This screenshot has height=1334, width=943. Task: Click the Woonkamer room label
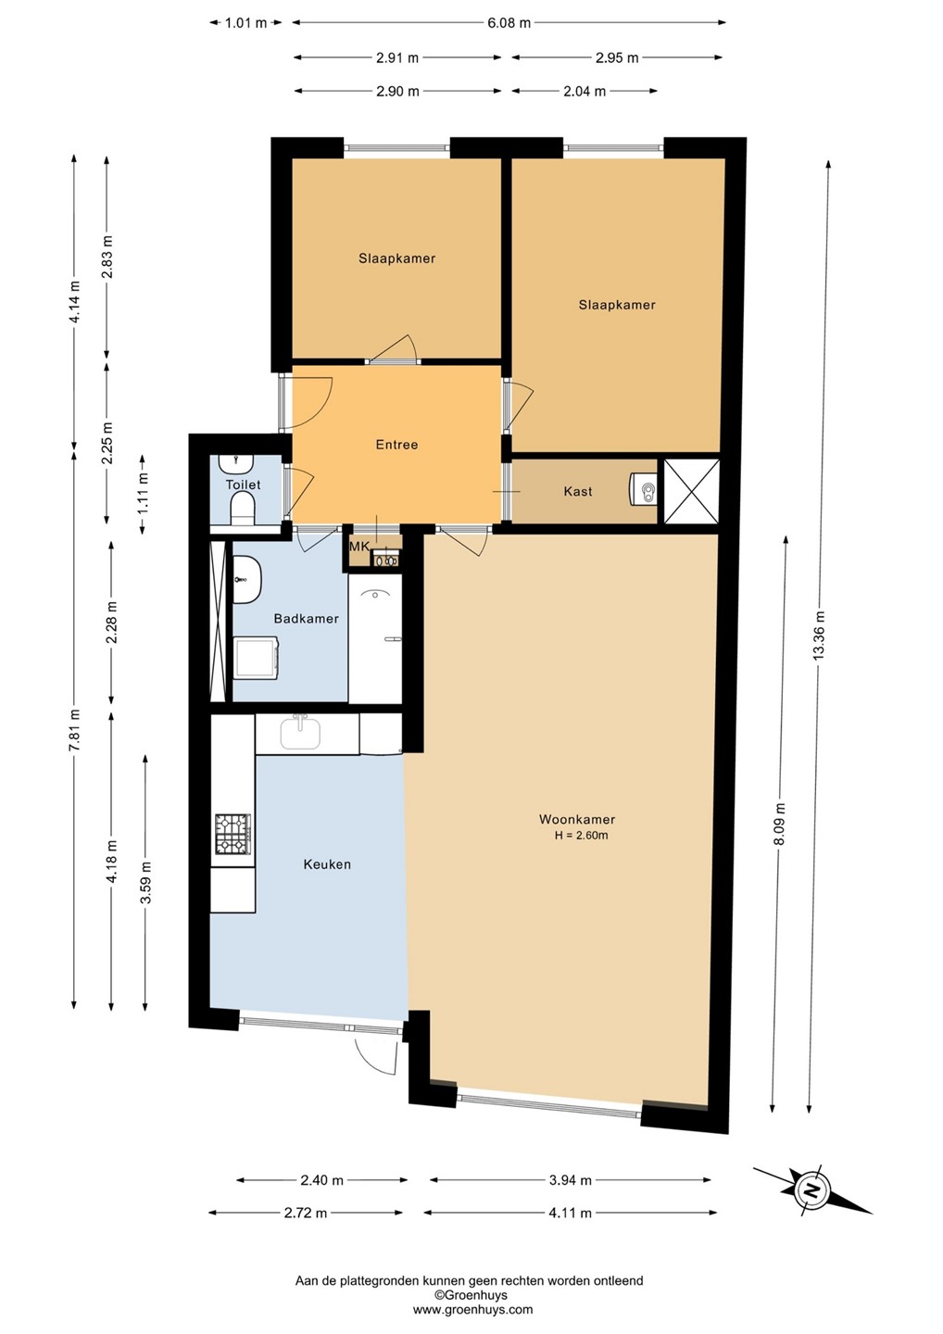click(x=576, y=819)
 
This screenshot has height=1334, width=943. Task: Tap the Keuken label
click(x=327, y=863)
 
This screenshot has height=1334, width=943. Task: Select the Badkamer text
click(x=306, y=618)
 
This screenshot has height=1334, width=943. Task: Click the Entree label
click(x=396, y=445)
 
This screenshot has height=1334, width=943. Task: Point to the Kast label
click(x=577, y=491)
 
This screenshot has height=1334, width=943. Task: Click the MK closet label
click(x=359, y=547)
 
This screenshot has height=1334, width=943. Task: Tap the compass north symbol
click(x=812, y=1191)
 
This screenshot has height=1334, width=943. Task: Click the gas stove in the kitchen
click(x=233, y=834)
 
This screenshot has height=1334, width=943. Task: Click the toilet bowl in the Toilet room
click(x=242, y=510)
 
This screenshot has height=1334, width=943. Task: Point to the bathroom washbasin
click(x=247, y=579)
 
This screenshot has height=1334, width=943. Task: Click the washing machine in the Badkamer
click(x=257, y=657)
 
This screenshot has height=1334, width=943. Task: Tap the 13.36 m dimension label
click(x=819, y=635)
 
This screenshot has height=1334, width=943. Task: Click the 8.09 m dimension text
click(x=781, y=823)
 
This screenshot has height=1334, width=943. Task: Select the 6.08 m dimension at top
click(x=509, y=23)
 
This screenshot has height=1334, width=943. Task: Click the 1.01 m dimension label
click(x=245, y=23)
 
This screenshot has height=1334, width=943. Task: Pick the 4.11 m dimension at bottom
click(x=571, y=1212)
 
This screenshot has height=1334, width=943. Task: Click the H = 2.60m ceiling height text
click(x=581, y=835)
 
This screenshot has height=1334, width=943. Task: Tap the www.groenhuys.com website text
click(x=472, y=1309)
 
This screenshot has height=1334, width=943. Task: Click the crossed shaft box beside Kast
click(x=691, y=491)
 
